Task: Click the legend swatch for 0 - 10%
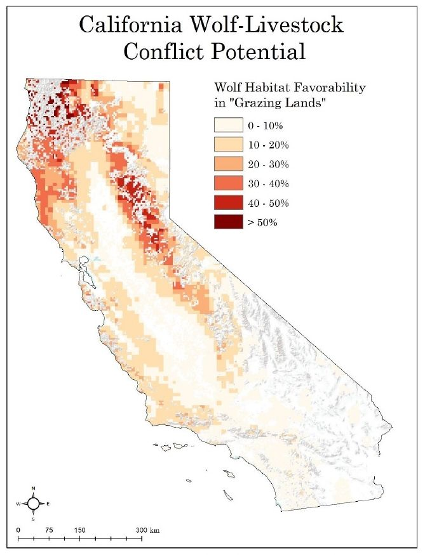228,125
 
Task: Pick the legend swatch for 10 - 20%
228,145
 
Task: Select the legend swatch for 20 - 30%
228,164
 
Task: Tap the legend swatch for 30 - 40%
228,184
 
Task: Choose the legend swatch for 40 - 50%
228,203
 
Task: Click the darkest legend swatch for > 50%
228,223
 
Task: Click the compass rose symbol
34,503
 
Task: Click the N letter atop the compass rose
34,488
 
